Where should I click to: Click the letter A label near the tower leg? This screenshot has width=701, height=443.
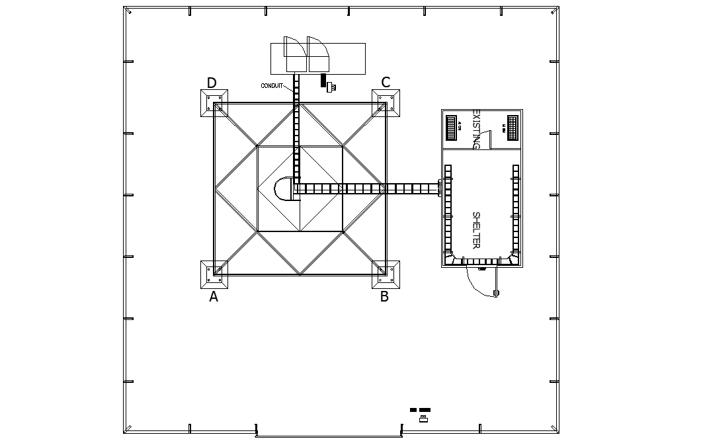coord(214,298)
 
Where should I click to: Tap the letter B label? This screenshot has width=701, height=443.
coord(384,297)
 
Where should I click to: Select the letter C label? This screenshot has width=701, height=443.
coord(386,83)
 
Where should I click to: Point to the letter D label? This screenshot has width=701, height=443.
coord(212,83)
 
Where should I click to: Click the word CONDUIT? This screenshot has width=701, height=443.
coord(272,86)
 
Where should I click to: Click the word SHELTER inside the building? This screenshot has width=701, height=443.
coord(475,230)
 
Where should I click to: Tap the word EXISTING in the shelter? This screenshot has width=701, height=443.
coord(475,130)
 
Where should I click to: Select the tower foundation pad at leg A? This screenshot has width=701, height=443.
coord(214,274)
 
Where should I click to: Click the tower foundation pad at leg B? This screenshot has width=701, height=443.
coord(386,274)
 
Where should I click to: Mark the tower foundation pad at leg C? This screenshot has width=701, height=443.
coord(386,103)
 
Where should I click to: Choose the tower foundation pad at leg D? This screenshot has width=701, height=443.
coord(214,103)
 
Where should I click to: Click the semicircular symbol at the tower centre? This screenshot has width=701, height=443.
coord(284,188)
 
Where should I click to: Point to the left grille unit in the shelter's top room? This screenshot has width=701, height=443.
coord(453,127)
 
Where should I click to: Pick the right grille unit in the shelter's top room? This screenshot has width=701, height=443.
coord(512,127)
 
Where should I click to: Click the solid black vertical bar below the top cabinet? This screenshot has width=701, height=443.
coord(323,80)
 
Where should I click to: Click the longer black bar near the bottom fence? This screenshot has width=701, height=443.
coord(425,410)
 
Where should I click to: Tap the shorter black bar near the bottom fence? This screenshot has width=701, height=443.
coord(413,410)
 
